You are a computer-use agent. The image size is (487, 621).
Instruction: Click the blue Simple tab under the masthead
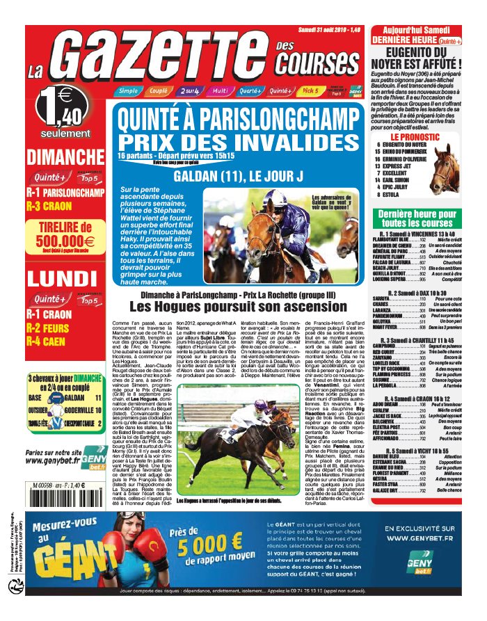point(127,91)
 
